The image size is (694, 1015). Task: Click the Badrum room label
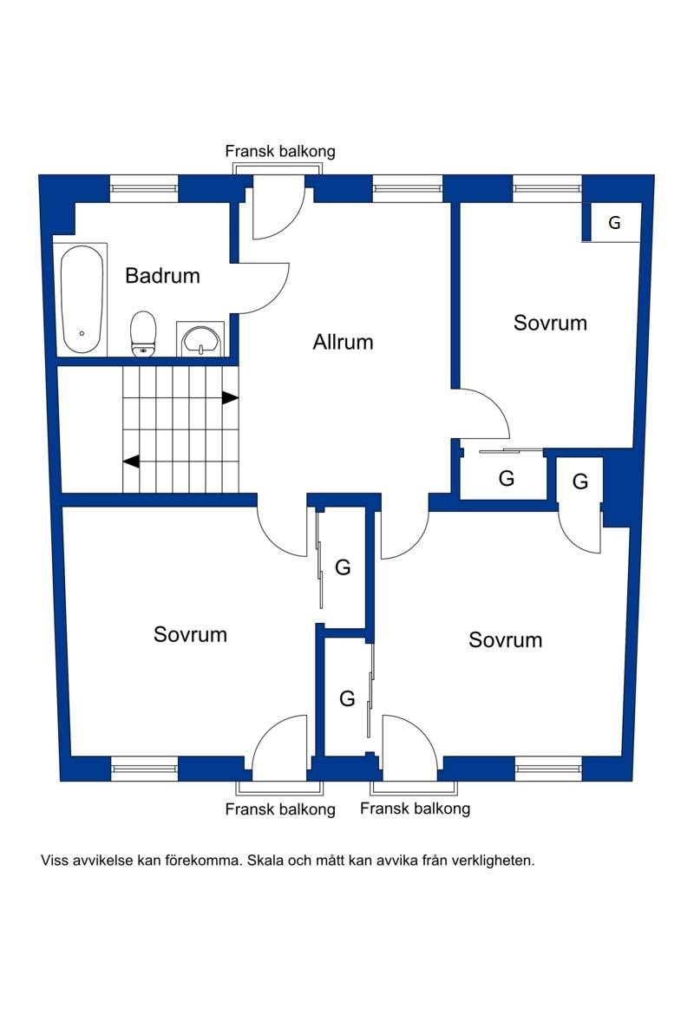[x=162, y=276]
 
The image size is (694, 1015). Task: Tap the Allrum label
[x=344, y=342]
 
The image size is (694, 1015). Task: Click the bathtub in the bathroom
[x=82, y=299]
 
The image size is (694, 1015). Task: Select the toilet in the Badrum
[x=144, y=333]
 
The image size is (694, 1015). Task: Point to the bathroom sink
[x=200, y=339]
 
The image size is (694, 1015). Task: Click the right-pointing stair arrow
[x=230, y=397]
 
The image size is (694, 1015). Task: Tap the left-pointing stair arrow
[x=131, y=462]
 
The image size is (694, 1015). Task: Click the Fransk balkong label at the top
[x=280, y=152]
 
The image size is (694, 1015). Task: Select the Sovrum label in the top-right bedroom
[x=550, y=323]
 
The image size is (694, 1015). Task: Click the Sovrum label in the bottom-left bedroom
[x=190, y=634]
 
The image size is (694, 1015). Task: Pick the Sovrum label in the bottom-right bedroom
[x=506, y=640]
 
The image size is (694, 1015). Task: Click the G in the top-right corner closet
[x=614, y=223]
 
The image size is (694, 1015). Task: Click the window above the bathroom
[x=144, y=188]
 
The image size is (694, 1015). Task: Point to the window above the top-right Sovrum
[x=547, y=188]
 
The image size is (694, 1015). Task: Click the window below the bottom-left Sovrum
[x=144, y=769]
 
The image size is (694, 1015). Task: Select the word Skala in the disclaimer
[x=265, y=861]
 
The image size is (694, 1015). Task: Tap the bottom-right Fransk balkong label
[x=415, y=809]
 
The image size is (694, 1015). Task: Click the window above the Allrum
[x=408, y=188]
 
